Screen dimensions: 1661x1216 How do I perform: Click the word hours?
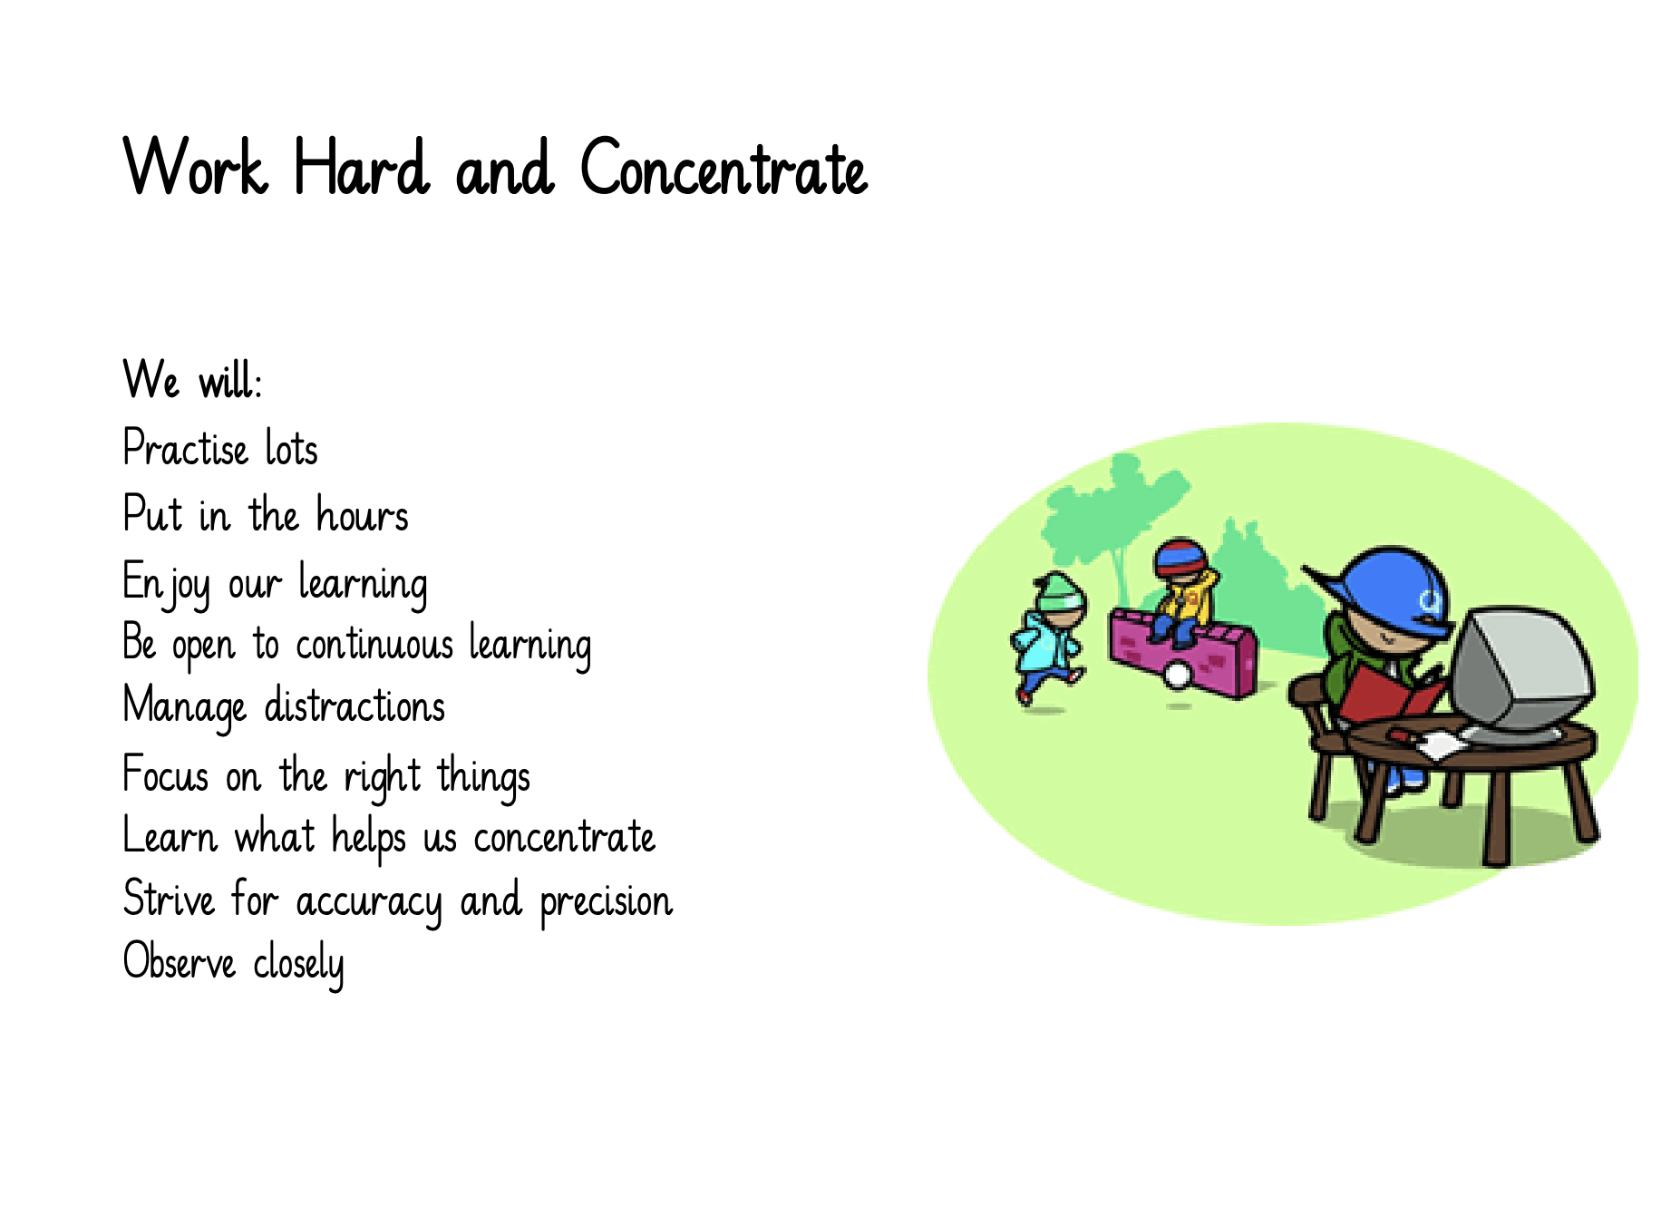363,514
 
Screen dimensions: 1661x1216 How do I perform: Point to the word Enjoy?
166,585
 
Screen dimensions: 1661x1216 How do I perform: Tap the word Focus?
166,774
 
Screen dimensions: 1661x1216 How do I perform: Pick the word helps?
368,837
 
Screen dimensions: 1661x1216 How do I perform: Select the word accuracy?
369,902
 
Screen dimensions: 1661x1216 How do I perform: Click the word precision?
606,902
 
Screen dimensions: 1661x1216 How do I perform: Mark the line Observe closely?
233,962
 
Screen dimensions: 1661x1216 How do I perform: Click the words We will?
192,379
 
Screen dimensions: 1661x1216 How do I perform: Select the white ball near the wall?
1178,676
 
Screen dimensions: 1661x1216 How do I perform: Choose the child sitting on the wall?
1181,590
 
